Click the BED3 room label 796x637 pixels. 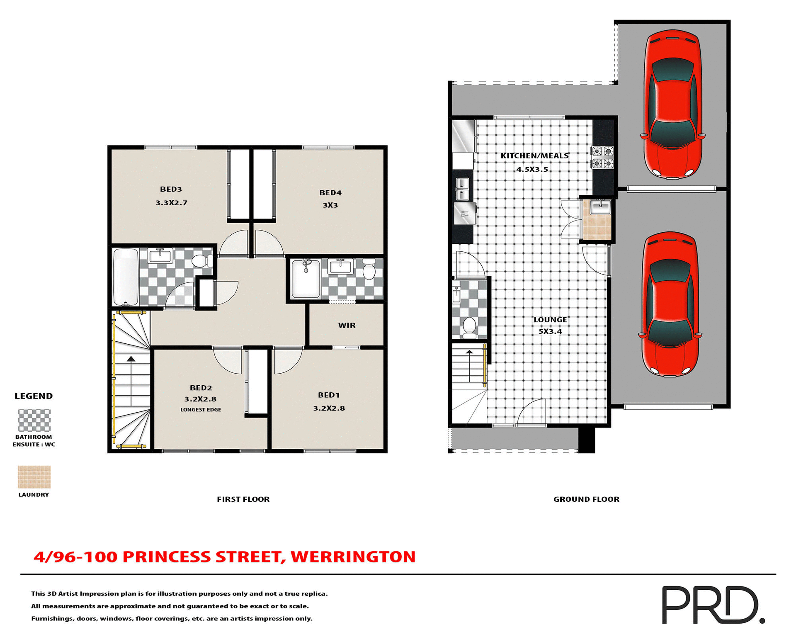171,189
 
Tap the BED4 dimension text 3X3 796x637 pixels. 330,205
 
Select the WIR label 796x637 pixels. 347,325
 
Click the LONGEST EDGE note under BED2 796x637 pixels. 201,410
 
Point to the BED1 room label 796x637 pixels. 329,395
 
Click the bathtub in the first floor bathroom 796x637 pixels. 126,277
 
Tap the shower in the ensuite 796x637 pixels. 306,278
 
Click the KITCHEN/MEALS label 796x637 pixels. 534,156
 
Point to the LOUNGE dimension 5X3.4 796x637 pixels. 550,331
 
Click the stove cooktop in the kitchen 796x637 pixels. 602,157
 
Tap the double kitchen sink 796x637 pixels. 462,189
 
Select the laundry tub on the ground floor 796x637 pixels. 600,207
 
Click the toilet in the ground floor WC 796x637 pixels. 469,326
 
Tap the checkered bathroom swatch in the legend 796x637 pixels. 34,421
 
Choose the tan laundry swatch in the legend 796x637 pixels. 34,477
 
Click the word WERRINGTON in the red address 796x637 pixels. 353,557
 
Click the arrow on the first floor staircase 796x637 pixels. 131,359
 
